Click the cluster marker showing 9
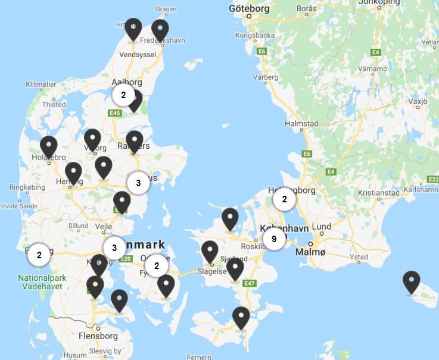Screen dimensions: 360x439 pos(273,239)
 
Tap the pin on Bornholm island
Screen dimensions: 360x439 pos(411,282)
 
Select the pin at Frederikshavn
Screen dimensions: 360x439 pos(160,30)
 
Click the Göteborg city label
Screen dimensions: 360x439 pos(249,8)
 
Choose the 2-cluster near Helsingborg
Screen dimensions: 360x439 pos(285,200)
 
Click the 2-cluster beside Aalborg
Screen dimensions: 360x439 pos(123,95)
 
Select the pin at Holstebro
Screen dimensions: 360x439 pos(48,146)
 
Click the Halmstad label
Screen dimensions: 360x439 pos(302,124)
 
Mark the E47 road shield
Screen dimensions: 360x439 pos(250,283)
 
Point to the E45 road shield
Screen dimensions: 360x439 pos(116,113)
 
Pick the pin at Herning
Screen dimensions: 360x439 pos(73,173)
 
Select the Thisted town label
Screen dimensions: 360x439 pos(54,105)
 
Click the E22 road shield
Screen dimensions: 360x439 pos(433,179)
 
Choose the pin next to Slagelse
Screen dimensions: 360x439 pos(210,252)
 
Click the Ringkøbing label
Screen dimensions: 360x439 pos(23,187)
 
